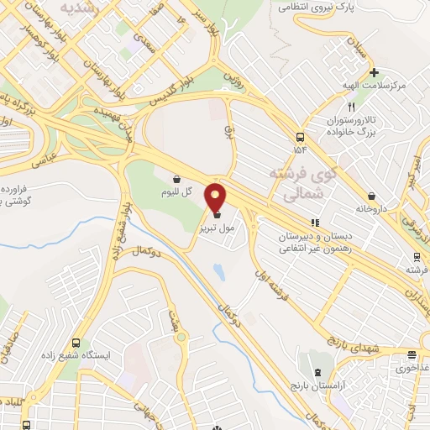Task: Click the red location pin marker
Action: [217, 198]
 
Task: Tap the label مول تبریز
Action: [213, 228]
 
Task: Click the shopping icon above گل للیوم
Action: [177, 178]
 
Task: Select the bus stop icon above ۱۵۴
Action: [300, 137]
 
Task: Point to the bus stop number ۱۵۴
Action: [300, 149]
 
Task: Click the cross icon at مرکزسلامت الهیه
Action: [375, 72]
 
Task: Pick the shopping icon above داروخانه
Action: [371, 196]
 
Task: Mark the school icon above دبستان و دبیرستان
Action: [316, 223]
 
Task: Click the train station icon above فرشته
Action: [416, 256]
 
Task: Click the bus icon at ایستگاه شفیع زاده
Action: [76, 343]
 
